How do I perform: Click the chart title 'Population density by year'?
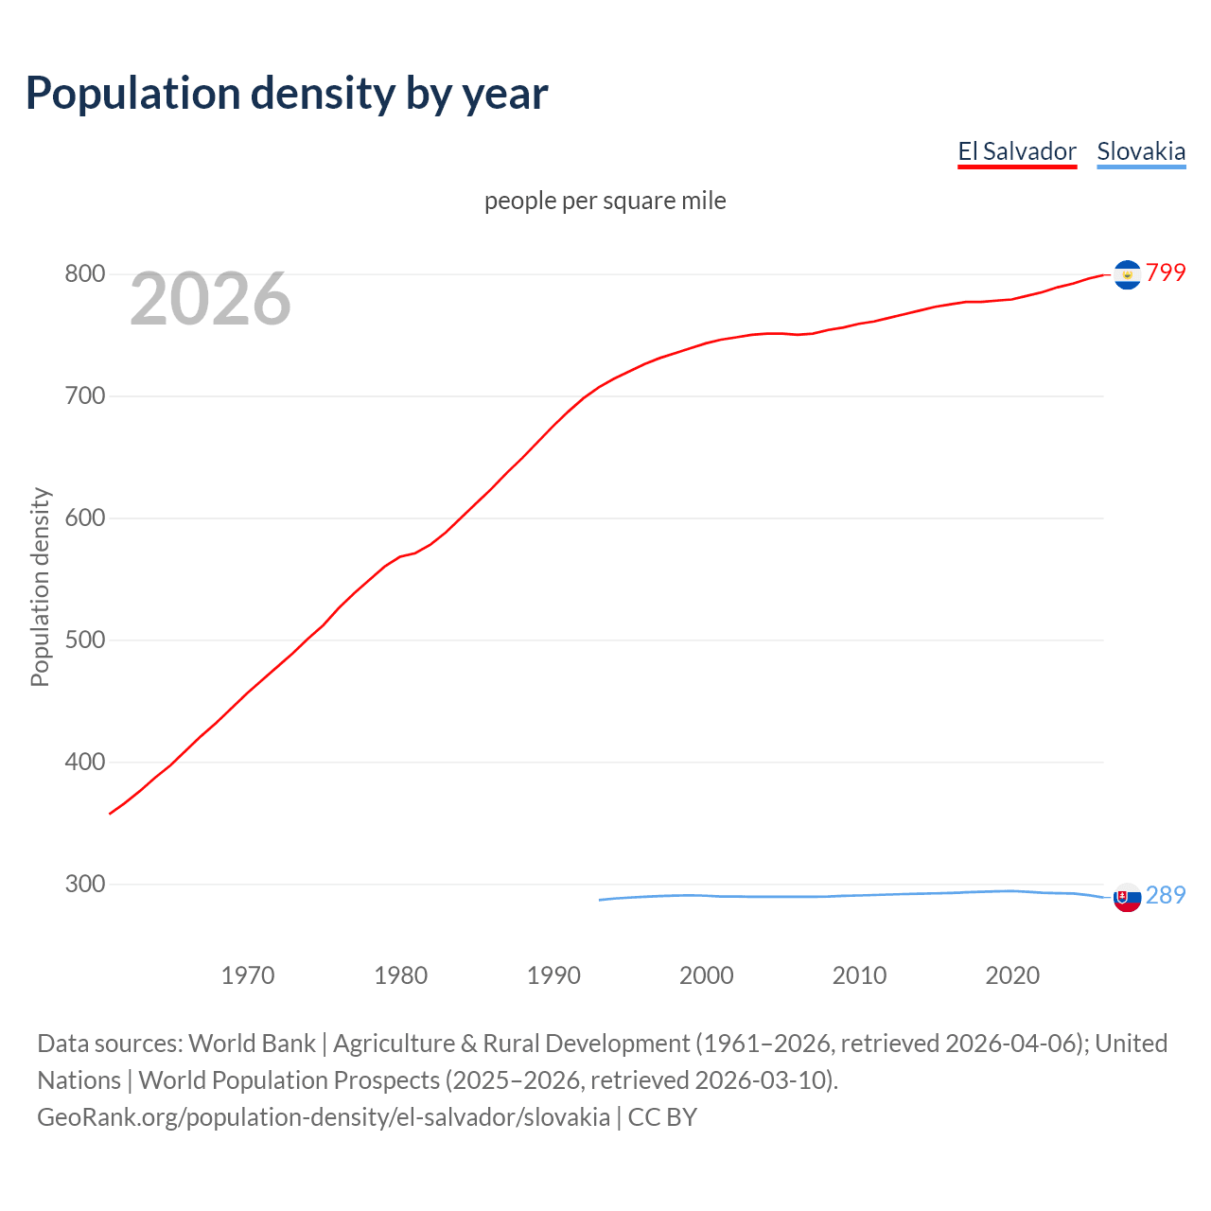click(287, 94)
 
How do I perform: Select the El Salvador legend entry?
click(1017, 151)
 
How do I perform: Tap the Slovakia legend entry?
click(1141, 151)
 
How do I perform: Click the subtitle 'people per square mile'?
click(605, 202)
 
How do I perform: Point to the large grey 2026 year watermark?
click(210, 299)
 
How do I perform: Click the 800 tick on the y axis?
click(84, 274)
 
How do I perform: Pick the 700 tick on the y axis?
click(84, 396)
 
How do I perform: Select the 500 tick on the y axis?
click(84, 641)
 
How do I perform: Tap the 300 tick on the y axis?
click(84, 885)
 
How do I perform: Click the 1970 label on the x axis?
click(248, 975)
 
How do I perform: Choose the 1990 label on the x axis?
click(553, 975)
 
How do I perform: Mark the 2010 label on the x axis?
click(859, 975)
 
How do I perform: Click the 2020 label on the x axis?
click(1012, 975)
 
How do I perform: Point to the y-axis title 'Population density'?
click(40, 587)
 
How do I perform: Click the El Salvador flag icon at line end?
click(1127, 274)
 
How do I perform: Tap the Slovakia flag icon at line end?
click(1127, 898)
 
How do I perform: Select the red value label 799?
click(1166, 273)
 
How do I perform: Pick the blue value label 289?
click(1166, 896)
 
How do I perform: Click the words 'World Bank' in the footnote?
click(252, 1044)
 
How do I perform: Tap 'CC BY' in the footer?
click(662, 1117)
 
